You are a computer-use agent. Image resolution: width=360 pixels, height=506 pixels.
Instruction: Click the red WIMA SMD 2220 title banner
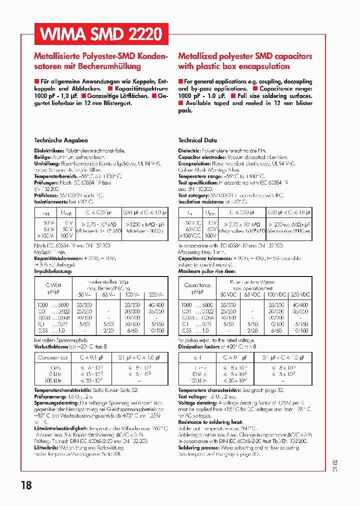tap(101, 34)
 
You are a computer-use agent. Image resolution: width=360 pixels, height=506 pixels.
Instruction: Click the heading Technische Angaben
tap(60, 140)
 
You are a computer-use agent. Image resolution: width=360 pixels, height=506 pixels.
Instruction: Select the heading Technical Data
tap(197, 140)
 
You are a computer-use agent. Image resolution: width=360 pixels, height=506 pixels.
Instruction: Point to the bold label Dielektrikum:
tap(48, 150)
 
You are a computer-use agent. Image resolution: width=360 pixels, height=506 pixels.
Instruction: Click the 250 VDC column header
tap(299, 295)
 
